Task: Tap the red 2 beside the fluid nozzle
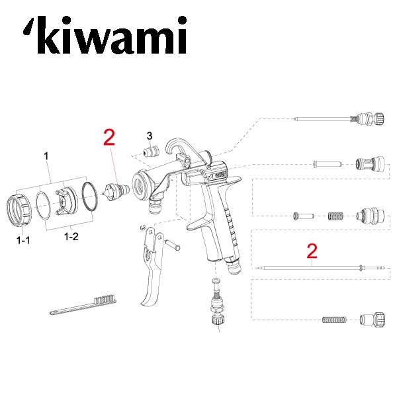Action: pyautogui.click(x=109, y=138)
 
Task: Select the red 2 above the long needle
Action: pyautogui.click(x=312, y=251)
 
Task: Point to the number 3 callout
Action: pyautogui.click(x=150, y=136)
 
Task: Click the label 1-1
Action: pyautogui.click(x=23, y=241)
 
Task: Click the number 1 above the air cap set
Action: pyautogui.click(x=46, y=157)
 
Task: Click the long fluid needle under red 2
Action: pyautogui.click(x=311, y=268)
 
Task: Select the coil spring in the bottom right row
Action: pyautogui.click(x=334, y=320)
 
